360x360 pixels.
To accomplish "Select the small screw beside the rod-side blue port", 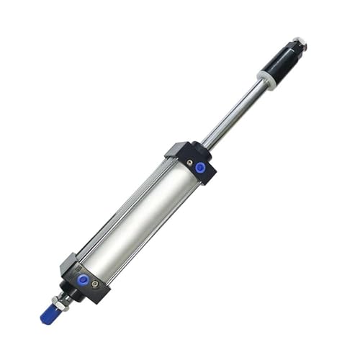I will (x=189, y=163).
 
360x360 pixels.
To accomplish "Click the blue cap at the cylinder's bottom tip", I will (x=50, y=315).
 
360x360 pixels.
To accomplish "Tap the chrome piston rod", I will (x=235, y=115).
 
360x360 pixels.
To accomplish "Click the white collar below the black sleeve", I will (x=266, y=80).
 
